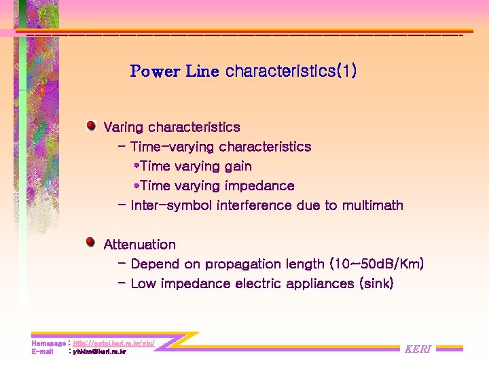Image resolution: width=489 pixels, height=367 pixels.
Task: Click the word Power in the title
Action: tap(156, 71)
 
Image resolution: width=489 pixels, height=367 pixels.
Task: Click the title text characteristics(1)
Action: tap(291, 71)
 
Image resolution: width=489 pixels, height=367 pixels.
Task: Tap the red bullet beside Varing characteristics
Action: tap(90, 126)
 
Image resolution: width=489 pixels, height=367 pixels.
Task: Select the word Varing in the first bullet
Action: tap(124, 127)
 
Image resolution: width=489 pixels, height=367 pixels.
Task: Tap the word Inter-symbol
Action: tap(171, 205)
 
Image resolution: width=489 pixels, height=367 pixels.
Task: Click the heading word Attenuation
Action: tap(139, 245)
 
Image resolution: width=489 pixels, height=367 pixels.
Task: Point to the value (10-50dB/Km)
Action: tap(376, 264)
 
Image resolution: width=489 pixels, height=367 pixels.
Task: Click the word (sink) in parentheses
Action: tap(376, 283)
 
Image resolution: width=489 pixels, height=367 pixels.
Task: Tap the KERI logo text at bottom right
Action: tap(418, 349)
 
